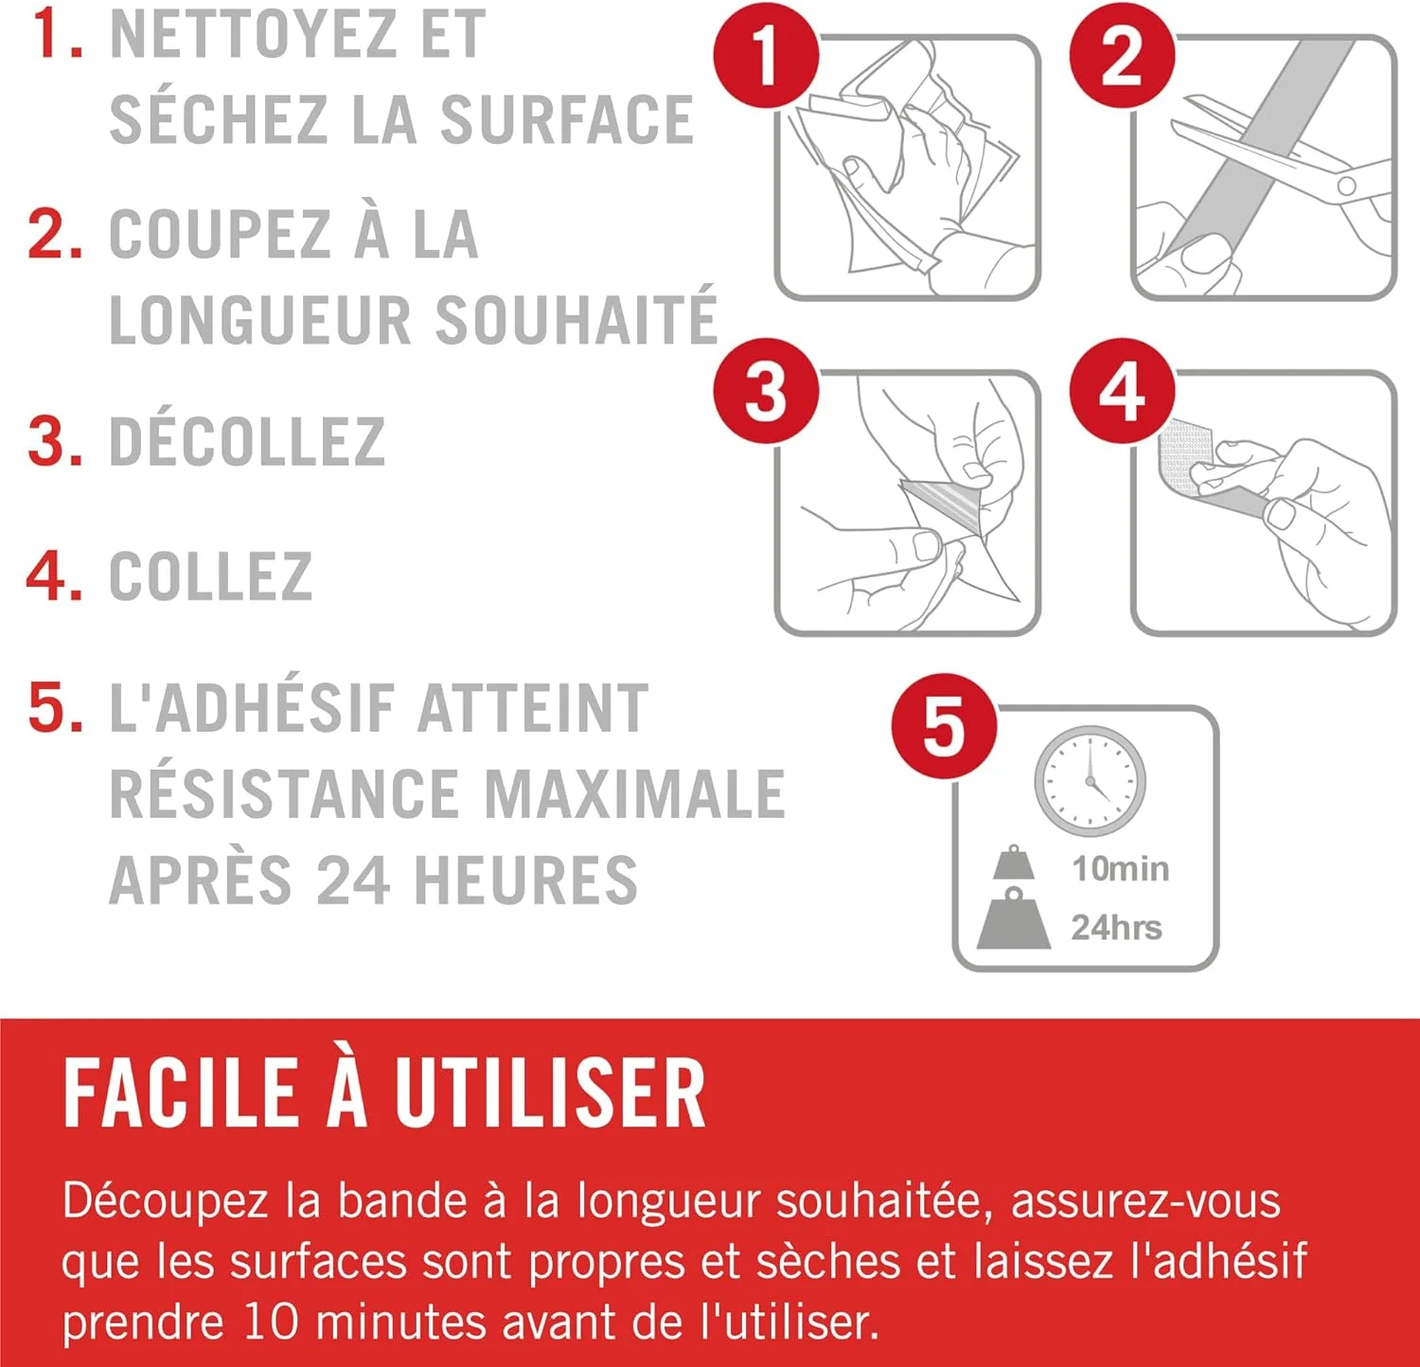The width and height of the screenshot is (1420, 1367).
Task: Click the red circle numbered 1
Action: tap(766, 55)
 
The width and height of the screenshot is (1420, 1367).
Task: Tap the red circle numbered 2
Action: tap(1122, 55)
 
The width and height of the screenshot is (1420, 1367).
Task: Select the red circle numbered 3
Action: tap(766, 390)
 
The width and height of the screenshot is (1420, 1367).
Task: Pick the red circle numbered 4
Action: tap(1122, 390)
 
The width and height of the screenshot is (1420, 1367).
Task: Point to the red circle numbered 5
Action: tap(944, 726)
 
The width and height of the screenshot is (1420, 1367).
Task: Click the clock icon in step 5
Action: tap(1090, 781)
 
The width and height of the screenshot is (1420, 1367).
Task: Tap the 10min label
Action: tap(1120, 868)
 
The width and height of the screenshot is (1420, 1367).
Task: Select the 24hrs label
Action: tap(1116, 928)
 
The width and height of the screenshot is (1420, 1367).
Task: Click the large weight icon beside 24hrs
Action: tap(1013, 917)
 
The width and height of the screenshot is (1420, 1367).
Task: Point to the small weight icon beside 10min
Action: tap(1014, 861)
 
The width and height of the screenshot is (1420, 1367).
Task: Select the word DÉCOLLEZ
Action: tap(247, 441)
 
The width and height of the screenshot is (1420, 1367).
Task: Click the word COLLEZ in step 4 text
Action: tap(211, 576)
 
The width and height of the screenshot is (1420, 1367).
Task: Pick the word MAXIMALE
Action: tap(634, 793)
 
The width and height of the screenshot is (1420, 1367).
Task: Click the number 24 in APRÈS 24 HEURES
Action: tap(352, 879)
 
